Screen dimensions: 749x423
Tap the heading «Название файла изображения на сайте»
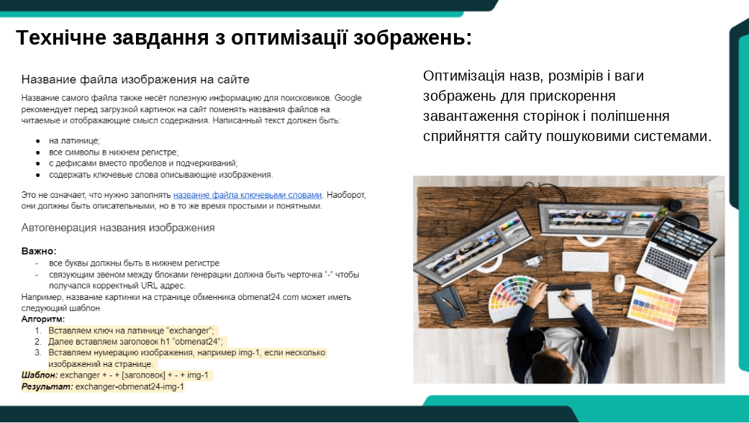point(135,79)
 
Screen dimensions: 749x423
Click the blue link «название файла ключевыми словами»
point(248,195)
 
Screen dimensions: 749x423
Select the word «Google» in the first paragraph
point(348,98)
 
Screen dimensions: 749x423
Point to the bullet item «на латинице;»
point(75,141)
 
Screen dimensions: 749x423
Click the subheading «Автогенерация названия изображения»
point(118,228)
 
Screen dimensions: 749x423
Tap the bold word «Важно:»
point(39,251)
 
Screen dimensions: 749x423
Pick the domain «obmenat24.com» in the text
point(268,297)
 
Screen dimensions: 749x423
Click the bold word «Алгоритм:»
point(43,319)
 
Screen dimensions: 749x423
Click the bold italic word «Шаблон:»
point(40,376)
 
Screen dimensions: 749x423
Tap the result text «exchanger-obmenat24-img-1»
point(130,387)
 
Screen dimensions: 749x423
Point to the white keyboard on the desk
point(585,262)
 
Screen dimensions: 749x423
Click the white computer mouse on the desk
point(619,283)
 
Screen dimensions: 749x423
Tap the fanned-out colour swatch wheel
point(510,296)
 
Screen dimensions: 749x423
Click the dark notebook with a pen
point(450,304)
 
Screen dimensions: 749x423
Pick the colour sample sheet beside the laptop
point(654,307)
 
